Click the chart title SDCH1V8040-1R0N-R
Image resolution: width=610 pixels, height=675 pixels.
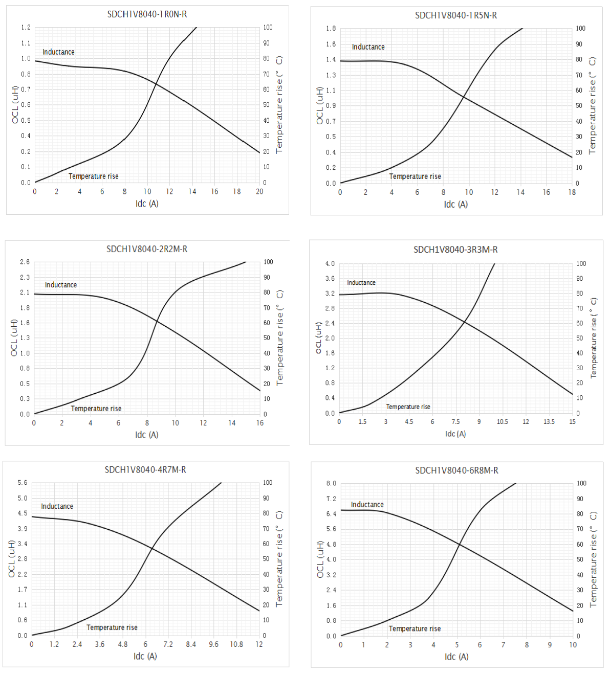pyautogui.click(x=147, y=14)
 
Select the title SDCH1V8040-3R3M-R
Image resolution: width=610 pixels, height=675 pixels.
pyautogui.click(x=455, y=250)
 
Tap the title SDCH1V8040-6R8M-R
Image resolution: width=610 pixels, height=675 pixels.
pyautogui.click(x=456, y=470)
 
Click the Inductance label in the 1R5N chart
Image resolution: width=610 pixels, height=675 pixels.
pyautogui.click(x=368, y=47)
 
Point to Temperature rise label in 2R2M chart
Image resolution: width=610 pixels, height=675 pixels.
pyautogui.click(x=96, y=409)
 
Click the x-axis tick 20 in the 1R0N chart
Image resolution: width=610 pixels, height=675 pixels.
pyautogui.click(x=259, y=192)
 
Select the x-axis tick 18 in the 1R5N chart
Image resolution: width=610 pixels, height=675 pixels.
pyautogui.click(x=572, y=192)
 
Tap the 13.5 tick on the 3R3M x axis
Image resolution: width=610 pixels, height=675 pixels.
pyautogui.click(x=549, y=422)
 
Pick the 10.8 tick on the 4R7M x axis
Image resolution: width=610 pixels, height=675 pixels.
pyautogui.click(x=236, y=644)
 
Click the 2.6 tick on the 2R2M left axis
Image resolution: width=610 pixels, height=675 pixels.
pyautogui.click(x=25, y=262)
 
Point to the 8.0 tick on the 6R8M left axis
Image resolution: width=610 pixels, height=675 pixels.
pyautogui.click(x=331, y=483)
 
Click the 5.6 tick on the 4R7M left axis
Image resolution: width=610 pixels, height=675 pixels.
pyautogui.click(x=23, y=483)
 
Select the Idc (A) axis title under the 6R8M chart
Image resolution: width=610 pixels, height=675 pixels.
pyautogui.click(x=456, y=657)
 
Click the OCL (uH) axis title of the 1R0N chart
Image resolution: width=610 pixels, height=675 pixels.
pyautogui.click(x=15, y=105)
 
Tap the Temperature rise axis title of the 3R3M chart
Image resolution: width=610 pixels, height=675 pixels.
pyautogui.click(x=594, y=337)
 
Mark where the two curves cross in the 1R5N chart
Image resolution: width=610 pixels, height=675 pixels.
pyautogui.click(x=464, y=97)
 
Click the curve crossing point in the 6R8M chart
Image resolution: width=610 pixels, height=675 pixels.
pyautogui.click(x=459, y=545)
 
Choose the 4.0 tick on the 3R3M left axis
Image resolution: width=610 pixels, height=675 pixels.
pyautogui.click(x=330, y=264)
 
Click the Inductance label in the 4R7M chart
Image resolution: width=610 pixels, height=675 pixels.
pyautogui.click(x=57, y=506)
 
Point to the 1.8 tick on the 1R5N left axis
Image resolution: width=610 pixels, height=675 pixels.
pyautogui.click(x=331, y=29)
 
